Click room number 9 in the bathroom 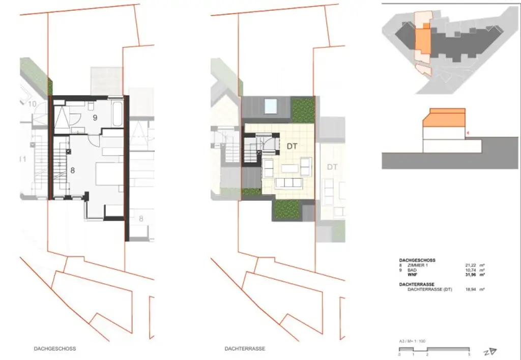point(94,117)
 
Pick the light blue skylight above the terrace point(271,107)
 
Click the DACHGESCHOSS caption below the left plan point(55,349)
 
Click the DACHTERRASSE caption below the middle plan point(245,349)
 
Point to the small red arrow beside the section point(469,134)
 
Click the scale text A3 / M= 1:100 point(413,341)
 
